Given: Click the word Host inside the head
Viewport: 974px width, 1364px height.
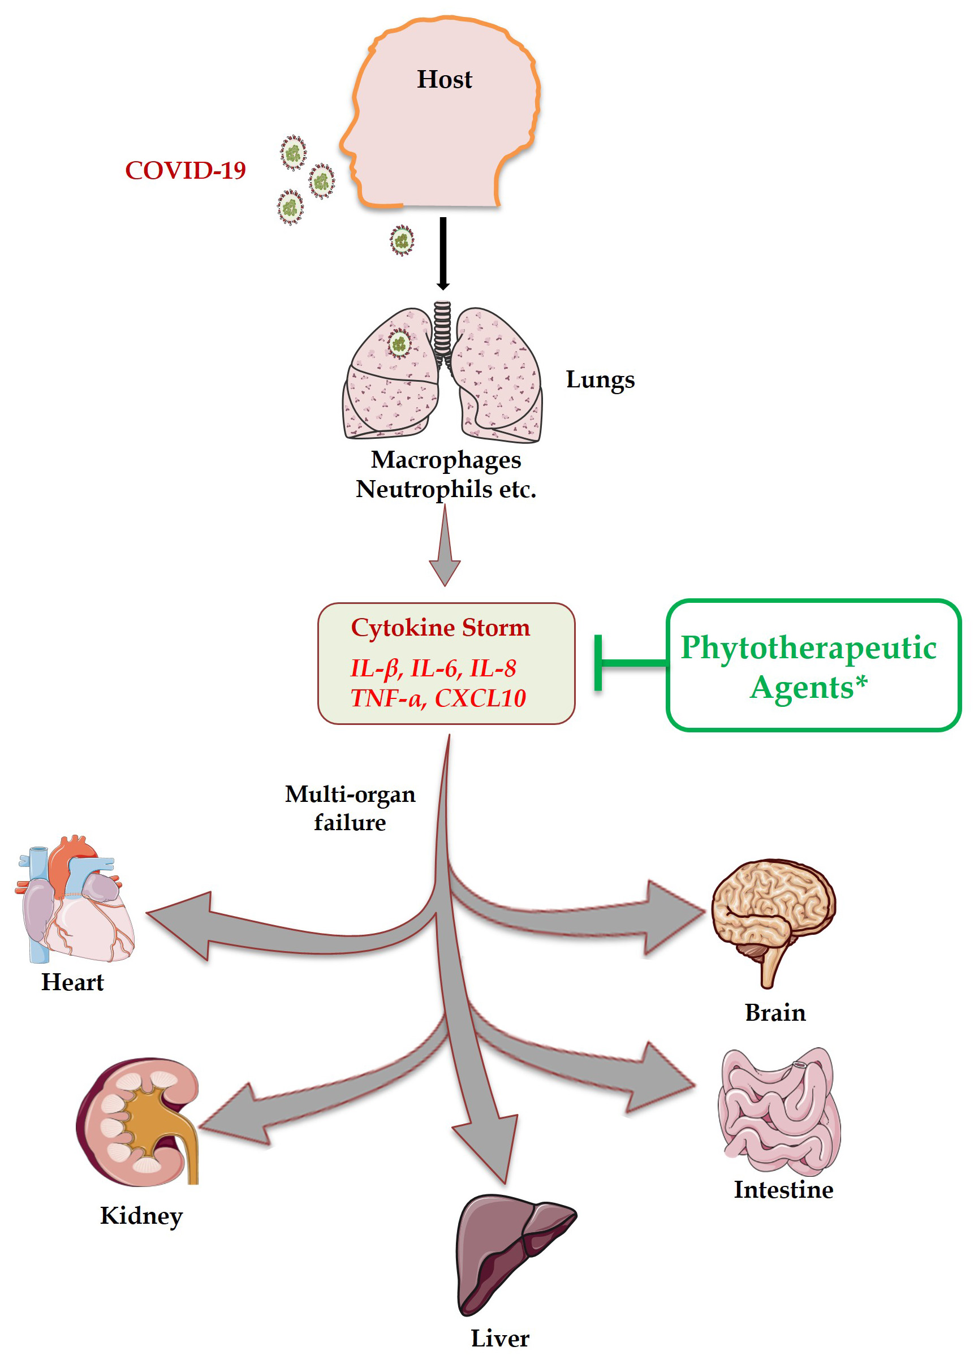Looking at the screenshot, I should click(445, 79).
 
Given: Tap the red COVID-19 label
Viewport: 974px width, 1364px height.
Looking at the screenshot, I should click(186, 171).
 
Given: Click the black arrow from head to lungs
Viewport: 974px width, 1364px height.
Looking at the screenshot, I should click(443, 252).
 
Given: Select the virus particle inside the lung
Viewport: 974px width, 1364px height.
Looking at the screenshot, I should click(399, 344).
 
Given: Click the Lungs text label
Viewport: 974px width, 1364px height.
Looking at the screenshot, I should click(600, 379).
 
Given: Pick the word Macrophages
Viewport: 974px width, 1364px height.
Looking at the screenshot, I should click(446, 460).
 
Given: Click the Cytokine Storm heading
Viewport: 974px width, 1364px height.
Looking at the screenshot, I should click(440, 628).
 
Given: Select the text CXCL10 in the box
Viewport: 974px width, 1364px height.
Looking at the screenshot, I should click(480, 698).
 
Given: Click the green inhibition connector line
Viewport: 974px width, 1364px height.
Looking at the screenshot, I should click(633, 663).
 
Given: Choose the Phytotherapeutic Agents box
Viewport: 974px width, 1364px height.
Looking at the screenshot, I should click(813, 666).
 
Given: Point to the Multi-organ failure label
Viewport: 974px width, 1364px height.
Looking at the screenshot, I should click(350, 808).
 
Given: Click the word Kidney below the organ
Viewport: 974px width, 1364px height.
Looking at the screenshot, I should click(141, 1216).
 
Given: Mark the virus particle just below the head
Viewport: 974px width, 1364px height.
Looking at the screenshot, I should click(402, 240).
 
